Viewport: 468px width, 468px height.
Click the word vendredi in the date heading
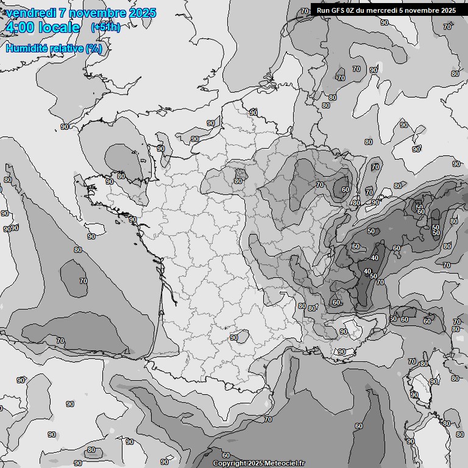tap(29, 13)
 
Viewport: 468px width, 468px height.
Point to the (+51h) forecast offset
tap(105, 27)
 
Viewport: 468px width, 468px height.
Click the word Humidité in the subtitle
tap(26, 48)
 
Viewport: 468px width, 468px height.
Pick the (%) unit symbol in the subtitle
tap(93, 48)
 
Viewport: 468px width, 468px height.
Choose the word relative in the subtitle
tap(65, 48)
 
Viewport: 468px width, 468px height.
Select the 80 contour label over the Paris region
tap(238, 181)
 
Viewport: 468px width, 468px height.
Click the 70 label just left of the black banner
tap(304, 11)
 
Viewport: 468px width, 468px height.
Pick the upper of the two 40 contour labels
tap(374, 258)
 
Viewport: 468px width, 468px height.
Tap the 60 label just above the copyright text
tap(225, 455)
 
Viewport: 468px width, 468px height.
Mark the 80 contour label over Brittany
tap(121, 176)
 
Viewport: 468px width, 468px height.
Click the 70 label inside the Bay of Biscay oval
tap(83, 281)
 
